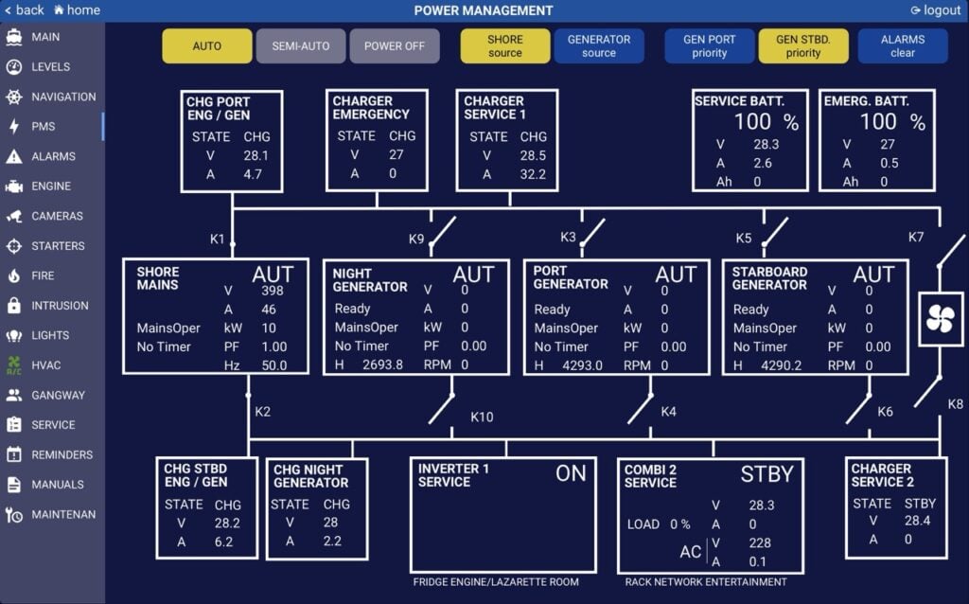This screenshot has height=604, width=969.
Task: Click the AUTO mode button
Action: pyautogui.click(x=207, y=45)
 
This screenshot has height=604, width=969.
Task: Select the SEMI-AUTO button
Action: pyautogui.click(x=300, y=45)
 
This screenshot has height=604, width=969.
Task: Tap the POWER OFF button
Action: pyautogui.click(x=395, y=45)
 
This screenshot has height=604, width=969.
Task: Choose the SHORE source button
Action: pyautogui.click(x=504, y=45)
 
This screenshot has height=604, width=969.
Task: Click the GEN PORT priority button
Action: pyautogui.click(x=709, y=45)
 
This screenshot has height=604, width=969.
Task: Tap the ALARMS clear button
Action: pyautogui.click(x=902, y=45)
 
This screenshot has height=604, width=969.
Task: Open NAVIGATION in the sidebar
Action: pyautogui.click(x=62, y=97)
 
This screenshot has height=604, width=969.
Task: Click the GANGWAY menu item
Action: pyautogui.click(x=58, y=395)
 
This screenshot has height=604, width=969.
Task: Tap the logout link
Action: pyautogui.click(x=936, y=10)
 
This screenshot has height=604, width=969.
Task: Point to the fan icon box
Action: pyautogui.click(x=941, y=318)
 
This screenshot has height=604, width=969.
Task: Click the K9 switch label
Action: pyautogui.click(x=416, y=239)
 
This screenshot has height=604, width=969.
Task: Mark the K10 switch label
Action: pyautogui.click(x=482, y=417)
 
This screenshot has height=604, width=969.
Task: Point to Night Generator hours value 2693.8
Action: pyautogui.click(x=382, y=364)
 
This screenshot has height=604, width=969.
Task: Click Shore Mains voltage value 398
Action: pyautogui.click(x=272, y=291)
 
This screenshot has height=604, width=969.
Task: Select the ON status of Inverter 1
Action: pyautogui.click(x=571, y=473)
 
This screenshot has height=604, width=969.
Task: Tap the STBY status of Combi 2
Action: pyautogui.click(x=766, y=473)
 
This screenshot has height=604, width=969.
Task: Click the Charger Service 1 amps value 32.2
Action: pyautogui.click(x=533, y=174)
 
